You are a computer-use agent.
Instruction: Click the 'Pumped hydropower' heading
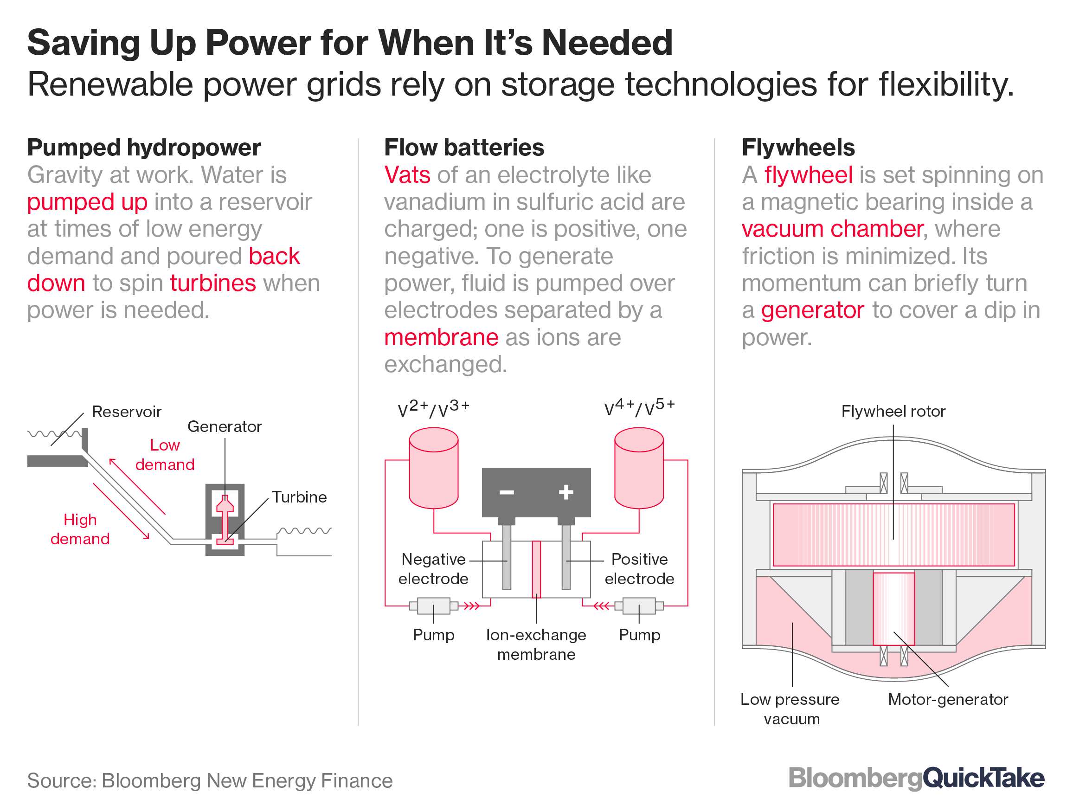click(x=144, y=148)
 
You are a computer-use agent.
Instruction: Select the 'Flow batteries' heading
click(x=464, y=148)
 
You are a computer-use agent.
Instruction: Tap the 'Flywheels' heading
click(x=798, y=148)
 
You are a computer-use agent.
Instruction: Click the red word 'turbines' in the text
click(x=212, y=284)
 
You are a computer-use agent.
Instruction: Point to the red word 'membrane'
click(x=441, y=338)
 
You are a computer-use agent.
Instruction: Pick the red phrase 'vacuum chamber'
click(x=832, y=229)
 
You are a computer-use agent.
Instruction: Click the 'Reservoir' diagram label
click(x=126, y=412)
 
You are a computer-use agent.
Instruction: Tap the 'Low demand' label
click(x=165, y=455)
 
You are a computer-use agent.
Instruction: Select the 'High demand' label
click(x=80, y=530)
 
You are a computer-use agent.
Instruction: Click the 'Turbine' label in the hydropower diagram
click(x=299, y=497)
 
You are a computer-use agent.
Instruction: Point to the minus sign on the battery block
click(x=507, y=493)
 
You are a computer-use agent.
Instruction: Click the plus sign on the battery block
click(x=565, y=493)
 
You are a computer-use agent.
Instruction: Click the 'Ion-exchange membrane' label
click(x=536, y=644)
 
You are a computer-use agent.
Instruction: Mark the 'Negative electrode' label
click(x=433, y=569)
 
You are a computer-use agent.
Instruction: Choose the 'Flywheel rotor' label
click(x=893, y=411)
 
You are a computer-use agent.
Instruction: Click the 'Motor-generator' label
click(x=948, y=699)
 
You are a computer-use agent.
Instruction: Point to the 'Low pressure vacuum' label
click(x=791, y=709)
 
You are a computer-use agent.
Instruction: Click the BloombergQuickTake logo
click(x=916, y=779)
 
